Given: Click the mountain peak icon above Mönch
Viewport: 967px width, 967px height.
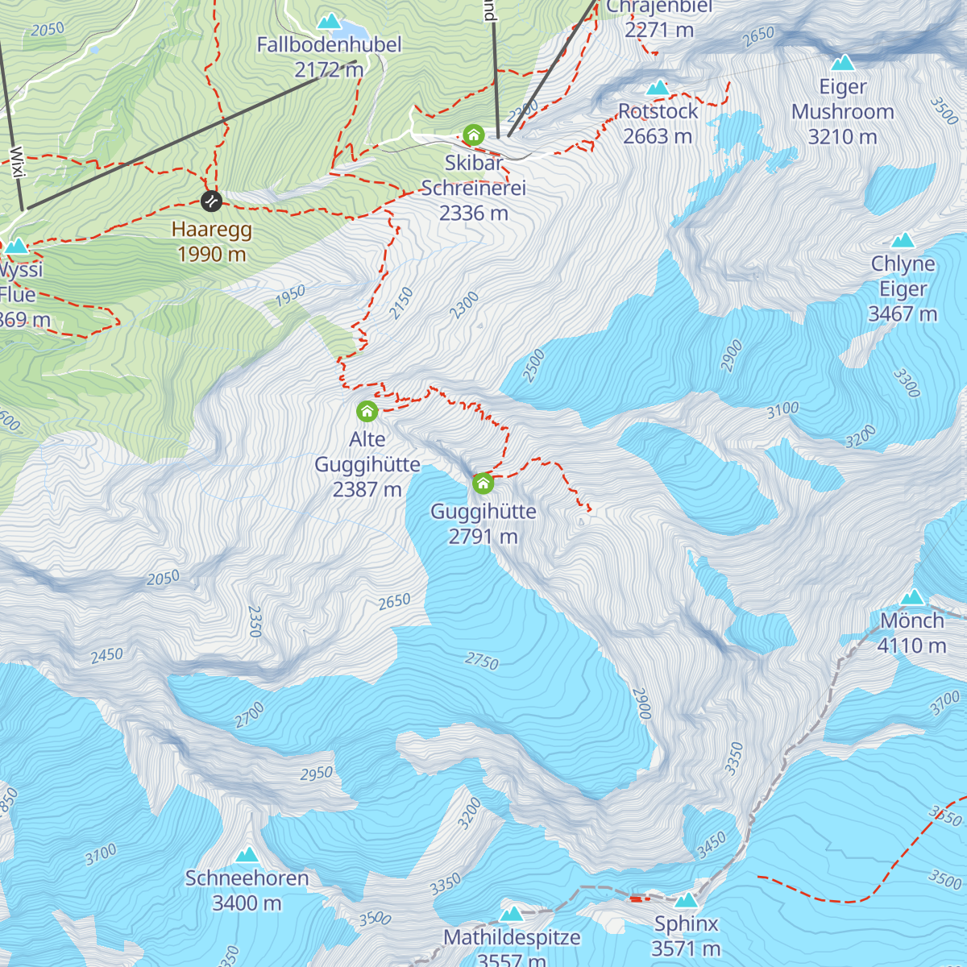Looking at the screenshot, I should (912, 597).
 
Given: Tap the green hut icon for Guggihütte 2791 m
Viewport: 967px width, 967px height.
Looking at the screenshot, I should (483, 483).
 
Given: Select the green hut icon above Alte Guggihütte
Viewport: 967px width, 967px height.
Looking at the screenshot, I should (367, 411).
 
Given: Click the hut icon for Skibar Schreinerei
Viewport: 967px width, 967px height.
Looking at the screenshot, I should (473, 135).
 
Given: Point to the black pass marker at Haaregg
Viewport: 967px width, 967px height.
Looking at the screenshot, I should (210, 200).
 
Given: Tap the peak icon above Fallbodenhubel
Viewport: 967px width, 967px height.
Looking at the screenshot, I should (328, 21).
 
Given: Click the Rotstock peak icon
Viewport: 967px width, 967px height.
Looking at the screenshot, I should (658, 87).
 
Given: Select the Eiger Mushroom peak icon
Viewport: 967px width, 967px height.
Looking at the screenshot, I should (843, 62).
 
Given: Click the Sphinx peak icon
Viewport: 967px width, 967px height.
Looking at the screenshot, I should (686, 899).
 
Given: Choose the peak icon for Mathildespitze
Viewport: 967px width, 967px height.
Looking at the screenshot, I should (512, 913).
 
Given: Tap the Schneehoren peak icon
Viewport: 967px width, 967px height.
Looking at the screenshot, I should (247, 854).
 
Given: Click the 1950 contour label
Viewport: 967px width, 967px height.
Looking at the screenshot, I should (290, 295).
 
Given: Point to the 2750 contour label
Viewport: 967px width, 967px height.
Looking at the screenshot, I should (482, 661).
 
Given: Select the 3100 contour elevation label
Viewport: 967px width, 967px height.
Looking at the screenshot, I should (782, 409).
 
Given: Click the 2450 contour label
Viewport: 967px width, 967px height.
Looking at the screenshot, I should (106, 655).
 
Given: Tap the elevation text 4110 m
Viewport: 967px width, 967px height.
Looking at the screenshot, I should (911, 645).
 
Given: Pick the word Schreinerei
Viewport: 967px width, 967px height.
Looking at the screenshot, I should (473, 188).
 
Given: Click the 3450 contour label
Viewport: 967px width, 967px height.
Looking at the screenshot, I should (712, 845).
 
